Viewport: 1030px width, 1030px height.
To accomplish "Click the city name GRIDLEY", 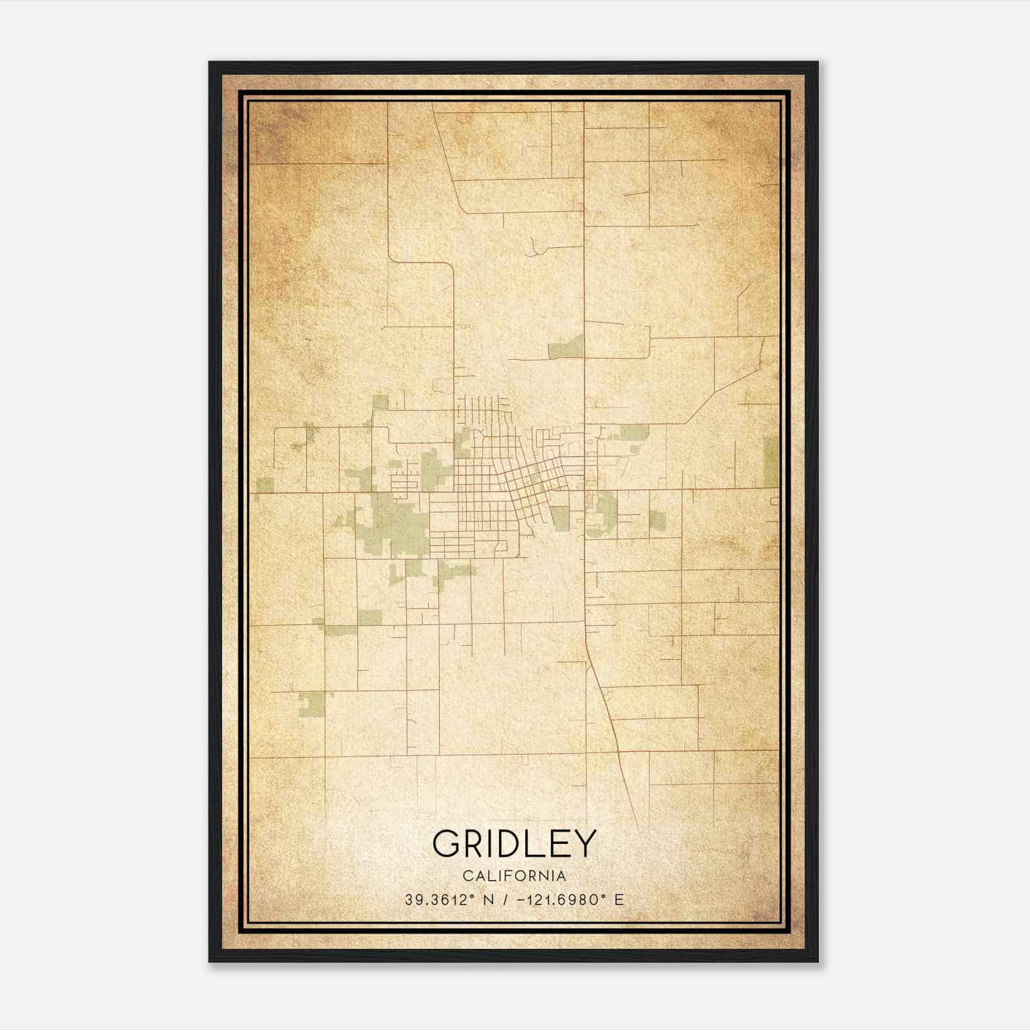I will click(514, 843).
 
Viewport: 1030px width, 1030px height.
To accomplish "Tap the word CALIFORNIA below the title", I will click(514, 876).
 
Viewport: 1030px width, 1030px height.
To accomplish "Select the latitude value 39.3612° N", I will click(449, 899).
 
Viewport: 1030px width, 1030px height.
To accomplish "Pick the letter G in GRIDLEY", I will click(446, 843).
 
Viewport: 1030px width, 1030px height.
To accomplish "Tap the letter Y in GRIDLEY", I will click(584, 843).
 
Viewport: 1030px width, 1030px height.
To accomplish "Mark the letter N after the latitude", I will click(489, 899).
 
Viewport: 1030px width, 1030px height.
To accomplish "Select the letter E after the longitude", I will click(619, 899).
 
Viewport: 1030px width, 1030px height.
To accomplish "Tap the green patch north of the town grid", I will click(566, 348).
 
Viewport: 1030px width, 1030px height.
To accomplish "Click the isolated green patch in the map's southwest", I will click(312, 704).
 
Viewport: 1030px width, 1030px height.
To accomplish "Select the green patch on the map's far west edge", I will click(264, 484).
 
